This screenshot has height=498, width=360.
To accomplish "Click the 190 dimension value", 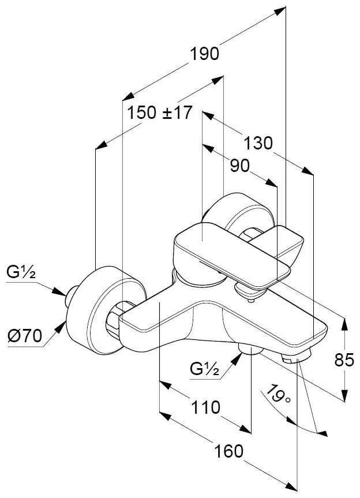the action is [x=204, y=53].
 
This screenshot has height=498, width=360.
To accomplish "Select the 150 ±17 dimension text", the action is [x=160, y=113].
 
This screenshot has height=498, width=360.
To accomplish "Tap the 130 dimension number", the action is [x=258, y=143].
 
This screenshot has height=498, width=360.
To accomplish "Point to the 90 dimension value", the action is [x=239, y=166].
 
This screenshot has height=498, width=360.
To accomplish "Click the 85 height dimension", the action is [x=344, y=360].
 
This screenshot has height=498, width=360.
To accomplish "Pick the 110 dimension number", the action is [x=205, y=407].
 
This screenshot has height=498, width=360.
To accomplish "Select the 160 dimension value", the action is [x=229, y=451].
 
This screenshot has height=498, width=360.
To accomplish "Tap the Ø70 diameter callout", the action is [x=25, y=336].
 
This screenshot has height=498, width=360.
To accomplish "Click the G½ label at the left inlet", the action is [x=21, y=272].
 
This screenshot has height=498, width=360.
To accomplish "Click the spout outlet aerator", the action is [x=296, y=357].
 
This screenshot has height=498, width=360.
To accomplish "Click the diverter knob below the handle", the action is [x=249, y=292].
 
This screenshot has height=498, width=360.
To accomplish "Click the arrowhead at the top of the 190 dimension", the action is [x=280, y=10].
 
